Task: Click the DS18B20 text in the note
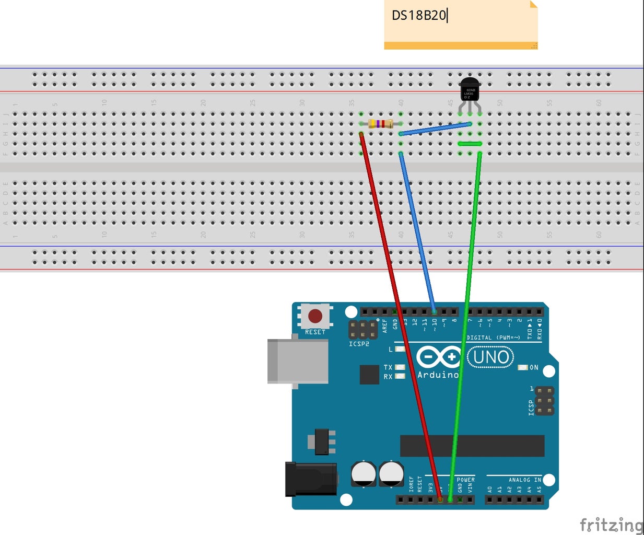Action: (x=419, y=15)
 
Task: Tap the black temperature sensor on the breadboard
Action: (x=470, y=90)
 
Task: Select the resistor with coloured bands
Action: (x=381, y=124)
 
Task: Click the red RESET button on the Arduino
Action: (x=315, y=316)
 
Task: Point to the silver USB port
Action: (x=298, y=361)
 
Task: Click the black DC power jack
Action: (x=310, y=479)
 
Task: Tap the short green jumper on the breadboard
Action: (x=470, y=144)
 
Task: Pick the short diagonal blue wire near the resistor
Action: (x=435, y=129)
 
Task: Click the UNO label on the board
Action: (x=490, y=357)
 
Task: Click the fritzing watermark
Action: (x=611, y=524)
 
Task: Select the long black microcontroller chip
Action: (x=472, y=446)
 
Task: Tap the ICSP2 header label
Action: (x=359, y=344)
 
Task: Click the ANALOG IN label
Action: (x=524, y=480)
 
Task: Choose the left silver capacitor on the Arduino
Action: (x=364, y=474)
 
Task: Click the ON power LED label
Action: (x=534, y=368)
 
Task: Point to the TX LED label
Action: (x=388, y=368)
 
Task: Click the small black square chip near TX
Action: (x=369, y=375)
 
